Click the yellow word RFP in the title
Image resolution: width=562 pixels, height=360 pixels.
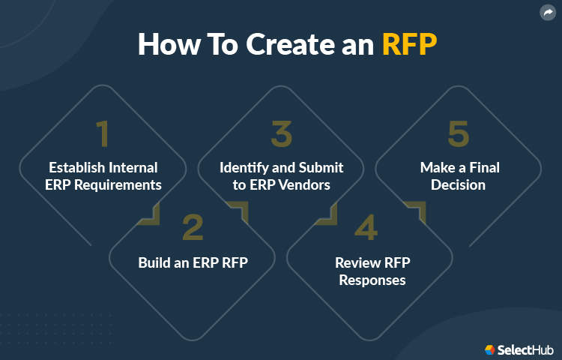pyautogui.click(x=409, y=44)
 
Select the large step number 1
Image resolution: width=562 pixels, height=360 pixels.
pyautogui.click(x=103, y=133)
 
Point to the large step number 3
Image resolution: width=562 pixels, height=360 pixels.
pyautogui.click(x=281, y=133)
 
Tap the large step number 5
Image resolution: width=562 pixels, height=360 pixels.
pyautogui.click(x=459, y=133)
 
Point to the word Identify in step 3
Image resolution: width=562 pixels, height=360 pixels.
pyautogui.click(x=245, y=167)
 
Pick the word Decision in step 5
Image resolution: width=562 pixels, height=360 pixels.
pyautogui.click(x=459, y=184)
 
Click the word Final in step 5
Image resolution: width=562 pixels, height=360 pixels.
pyautogui.click(x=482, y=167)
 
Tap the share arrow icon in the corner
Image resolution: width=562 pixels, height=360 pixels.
pyautogui.click(x=546, y=13)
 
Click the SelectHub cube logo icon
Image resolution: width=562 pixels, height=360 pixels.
pyautogui.click(x=489, y=349)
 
